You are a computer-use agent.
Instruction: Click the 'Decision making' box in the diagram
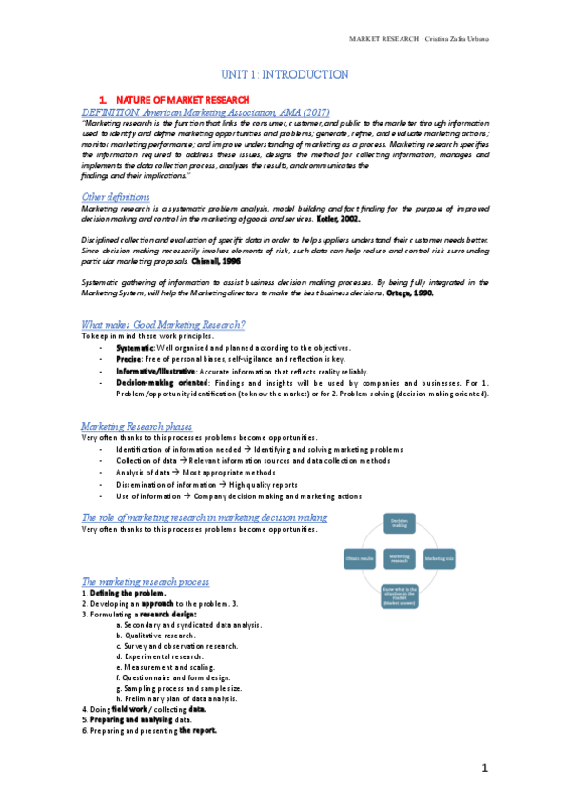[x=401, y=523]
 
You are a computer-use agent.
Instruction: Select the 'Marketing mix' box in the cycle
[x=440, y=556]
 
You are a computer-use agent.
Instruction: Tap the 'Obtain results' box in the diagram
[x=361, y=556]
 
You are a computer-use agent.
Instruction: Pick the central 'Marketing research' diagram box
[x=400, y=556]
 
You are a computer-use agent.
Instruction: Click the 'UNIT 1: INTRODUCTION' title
[x=285, y=74]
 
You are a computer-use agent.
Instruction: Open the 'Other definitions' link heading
[x=115, y=196]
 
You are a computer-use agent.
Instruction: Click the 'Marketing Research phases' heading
[x=137, y=425]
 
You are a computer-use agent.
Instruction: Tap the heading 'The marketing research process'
[x=146, y=580]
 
